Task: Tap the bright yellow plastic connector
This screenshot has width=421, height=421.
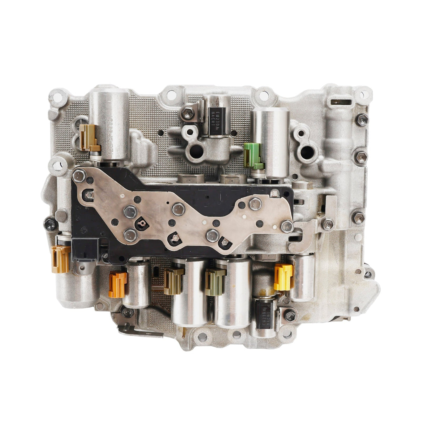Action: tap(283, 277)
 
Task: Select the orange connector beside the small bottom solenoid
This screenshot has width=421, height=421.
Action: tap(118, 284)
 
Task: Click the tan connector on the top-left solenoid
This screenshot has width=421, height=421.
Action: tap(87, 138)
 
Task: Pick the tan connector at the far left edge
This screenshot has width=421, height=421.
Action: tap(60, 259)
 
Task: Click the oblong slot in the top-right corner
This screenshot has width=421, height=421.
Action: tap(340, 102)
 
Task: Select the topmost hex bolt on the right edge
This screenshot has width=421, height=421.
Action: tap(361, 120)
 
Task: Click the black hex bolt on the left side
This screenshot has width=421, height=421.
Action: tap(50, 223)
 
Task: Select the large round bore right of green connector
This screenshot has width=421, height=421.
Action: tap(307, 152)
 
